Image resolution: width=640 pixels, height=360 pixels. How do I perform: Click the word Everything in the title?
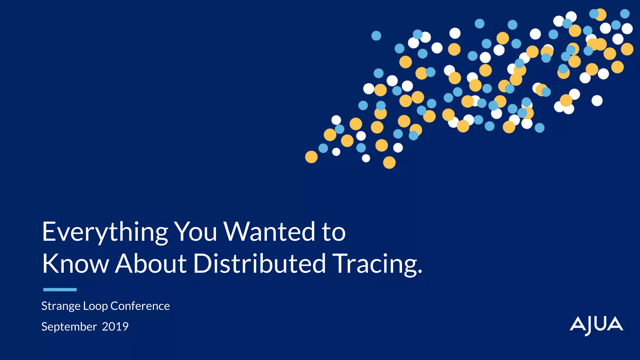tap(105, 232)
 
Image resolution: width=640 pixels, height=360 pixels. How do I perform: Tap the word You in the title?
tap(195, 232)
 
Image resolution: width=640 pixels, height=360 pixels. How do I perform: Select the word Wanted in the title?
tap(269, 232)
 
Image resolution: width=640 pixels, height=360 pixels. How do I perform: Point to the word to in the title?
tap(334, 232)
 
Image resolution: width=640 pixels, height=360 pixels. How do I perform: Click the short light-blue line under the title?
tap(60, 290)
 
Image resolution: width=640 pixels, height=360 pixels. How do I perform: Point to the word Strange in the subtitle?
tap(61, 306)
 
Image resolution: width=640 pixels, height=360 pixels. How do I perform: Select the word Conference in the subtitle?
tap(140, 306)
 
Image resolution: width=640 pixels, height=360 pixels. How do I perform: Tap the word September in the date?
tap(69, 327)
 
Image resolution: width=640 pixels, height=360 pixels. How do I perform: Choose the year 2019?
tap(115, 327)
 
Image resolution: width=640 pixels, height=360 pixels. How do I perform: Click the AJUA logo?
tap(596, 326)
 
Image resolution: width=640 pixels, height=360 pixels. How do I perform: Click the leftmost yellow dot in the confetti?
tap(311, 157)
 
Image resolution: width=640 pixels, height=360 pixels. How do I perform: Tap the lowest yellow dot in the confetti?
tap(389, 162)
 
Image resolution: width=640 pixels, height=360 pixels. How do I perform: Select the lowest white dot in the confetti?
tap(366, 158)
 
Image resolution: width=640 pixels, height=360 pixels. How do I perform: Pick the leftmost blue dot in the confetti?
tap(323, 148)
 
